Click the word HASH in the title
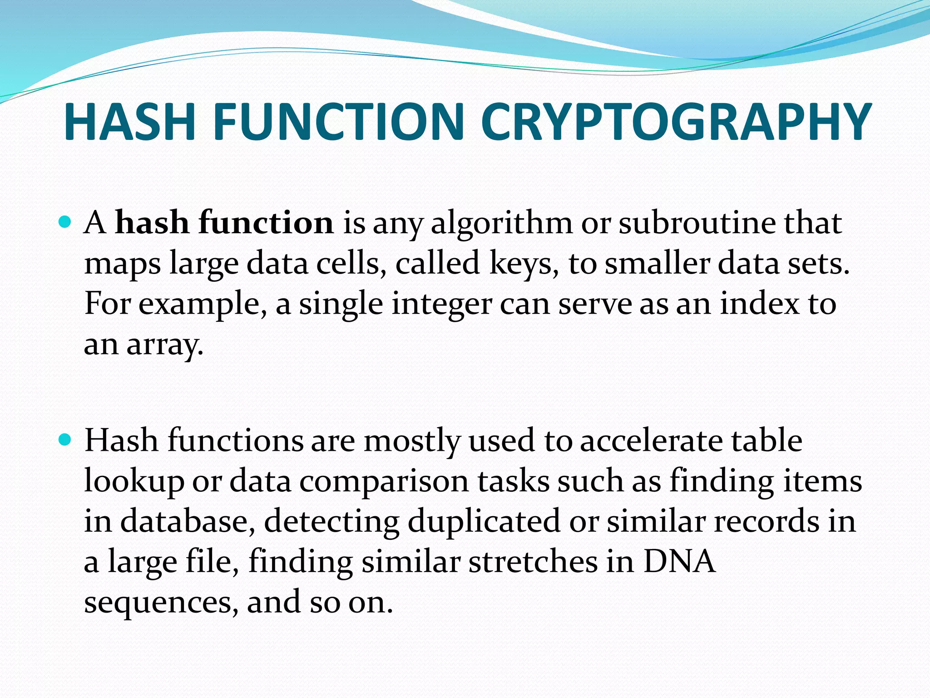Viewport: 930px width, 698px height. (130, 122)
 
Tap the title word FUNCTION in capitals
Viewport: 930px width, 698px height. (338, 122)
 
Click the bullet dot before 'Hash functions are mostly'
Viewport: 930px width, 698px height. (66, 439)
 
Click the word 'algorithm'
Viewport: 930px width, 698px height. (502, 224)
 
